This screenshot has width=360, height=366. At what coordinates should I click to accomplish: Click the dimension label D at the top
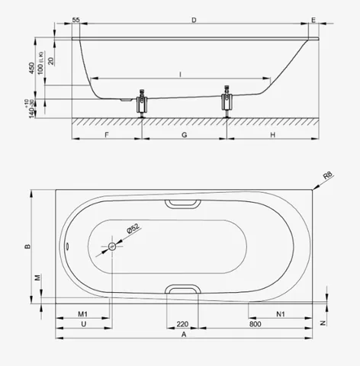(194, 20)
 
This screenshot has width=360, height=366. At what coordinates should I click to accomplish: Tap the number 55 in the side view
(76, 20)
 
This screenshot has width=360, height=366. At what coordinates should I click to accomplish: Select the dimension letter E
(313, 20)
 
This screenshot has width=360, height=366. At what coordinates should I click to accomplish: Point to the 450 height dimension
(31, 68)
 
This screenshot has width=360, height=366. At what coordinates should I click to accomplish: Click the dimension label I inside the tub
(181, 75)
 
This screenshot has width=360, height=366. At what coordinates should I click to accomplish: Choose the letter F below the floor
(107, 135)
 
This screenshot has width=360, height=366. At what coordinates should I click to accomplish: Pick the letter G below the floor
(185, 135)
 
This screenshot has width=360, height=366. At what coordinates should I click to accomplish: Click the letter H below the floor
(273, 135)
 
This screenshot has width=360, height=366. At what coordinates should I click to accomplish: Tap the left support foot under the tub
(142, 103)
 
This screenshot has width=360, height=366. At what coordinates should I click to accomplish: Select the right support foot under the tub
(227, 101)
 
